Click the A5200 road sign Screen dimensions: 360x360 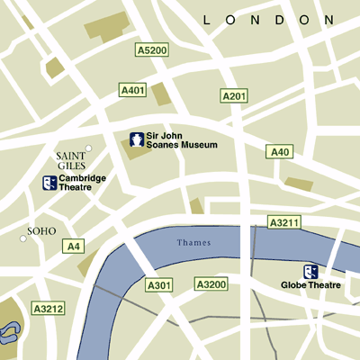point(152,50)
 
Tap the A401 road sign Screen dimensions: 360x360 point(132,90)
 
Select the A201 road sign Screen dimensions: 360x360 point(233,95)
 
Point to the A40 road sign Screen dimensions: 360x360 point(280,152)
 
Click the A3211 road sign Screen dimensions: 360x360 point(284,221)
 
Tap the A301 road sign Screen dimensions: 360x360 point(158,285)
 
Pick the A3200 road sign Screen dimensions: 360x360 point(211,284)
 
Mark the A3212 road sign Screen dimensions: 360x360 point(48,309)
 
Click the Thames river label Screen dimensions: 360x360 point(193,243)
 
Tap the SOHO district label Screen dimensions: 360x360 point(41,231)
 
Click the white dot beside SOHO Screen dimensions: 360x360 point(23,238)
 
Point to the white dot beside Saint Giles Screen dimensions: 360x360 point(88,148)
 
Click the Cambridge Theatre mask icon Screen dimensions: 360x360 point(49,183)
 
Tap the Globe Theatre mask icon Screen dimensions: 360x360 point(310,271)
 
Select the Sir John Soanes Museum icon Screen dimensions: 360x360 point(136,139)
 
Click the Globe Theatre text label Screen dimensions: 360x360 point(310,286)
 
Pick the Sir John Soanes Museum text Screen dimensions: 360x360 point(183,139)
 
